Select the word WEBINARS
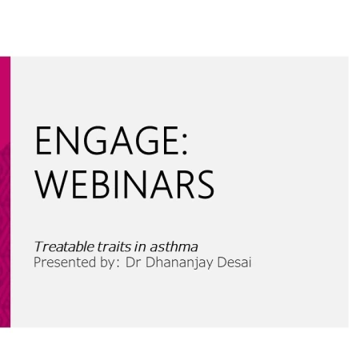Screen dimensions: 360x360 pyautogui.click(x=125, y=185)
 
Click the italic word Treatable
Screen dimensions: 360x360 pyautogui.click(x=64, y=246)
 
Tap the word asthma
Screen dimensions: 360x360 pyautogui.click(x=174, y=246)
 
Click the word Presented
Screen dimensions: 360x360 pyautogui.click(x=65, y=262)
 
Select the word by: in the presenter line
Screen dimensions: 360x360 pyautogui.click(x=110, y=263)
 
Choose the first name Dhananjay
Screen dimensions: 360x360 pyautogui.click(x=179, y=263)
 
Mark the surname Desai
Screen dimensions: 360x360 pyautogui.click(x=234, y=262)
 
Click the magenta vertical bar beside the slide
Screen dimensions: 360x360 pyautogui.click(x=5, y=192)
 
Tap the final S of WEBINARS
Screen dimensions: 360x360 pyautogui.click(x=206, y=185)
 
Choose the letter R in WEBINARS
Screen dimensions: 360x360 pyautogui.click(x=186, y=185)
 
